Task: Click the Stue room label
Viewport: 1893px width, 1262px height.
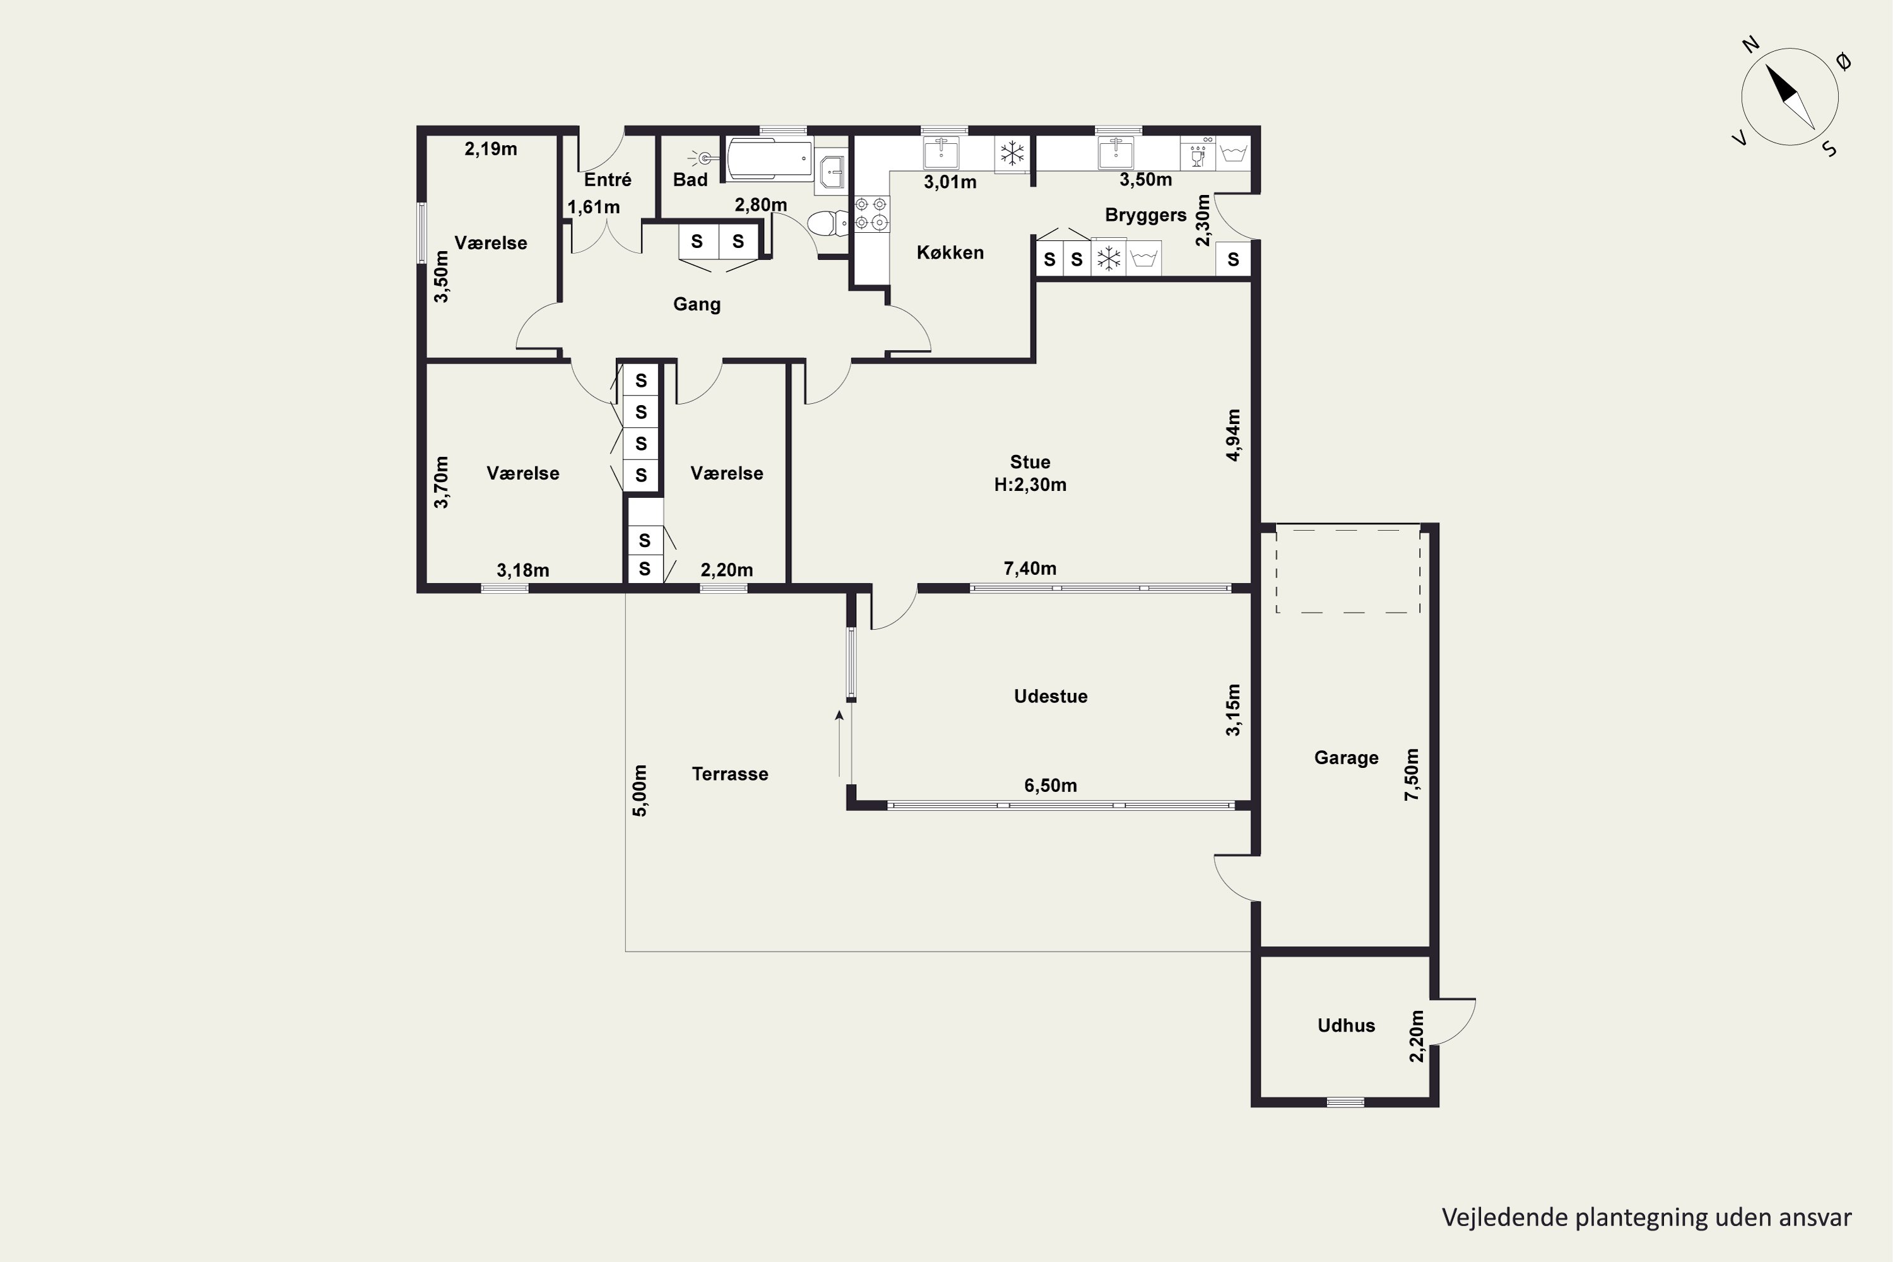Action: (x=1030, y=462)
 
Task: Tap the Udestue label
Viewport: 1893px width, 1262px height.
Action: (x=1051, y=696)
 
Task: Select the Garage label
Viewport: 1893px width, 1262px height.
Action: (x=1346, y=757)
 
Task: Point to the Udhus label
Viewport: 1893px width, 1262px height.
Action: (x=1346, y=1025)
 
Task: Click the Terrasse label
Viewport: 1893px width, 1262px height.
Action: (x=730, y=774)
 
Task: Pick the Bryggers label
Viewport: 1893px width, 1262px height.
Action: (x=1145, y=216)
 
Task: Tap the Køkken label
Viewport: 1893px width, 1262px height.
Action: (x=950, y=253)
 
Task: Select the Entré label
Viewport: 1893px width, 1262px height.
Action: (x=608, y=179)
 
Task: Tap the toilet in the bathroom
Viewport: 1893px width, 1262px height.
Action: (x=827, y=222)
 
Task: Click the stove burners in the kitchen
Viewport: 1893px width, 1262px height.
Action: (x=871, y=213)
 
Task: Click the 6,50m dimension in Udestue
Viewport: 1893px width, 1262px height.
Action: (x=1051, y=786)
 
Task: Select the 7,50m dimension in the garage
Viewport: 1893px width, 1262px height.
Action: (x=1412, y=774)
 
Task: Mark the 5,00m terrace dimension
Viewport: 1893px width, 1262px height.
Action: (x=640, y=791)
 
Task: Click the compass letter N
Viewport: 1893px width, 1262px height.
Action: (x=1750, y=67)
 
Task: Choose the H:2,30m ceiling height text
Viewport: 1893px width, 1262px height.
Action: (x=1030, y=485)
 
